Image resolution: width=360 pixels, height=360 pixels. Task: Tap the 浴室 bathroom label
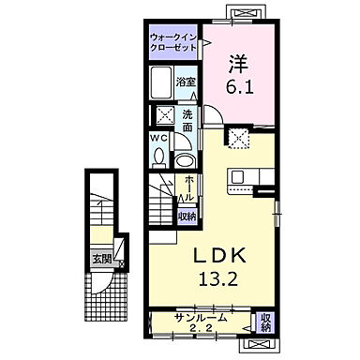coord(187,82)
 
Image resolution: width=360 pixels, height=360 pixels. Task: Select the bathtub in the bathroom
coord(163,82)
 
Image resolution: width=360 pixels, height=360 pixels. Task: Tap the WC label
coord(160,142)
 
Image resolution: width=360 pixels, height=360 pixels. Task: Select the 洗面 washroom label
coord(187,121)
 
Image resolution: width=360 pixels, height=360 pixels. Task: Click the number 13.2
coord(217,278)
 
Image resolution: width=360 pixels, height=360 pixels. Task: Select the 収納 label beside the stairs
coord(187,216)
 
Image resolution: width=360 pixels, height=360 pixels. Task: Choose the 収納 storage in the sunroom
coord(265,323)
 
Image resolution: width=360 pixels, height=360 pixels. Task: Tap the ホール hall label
coord(188,190)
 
